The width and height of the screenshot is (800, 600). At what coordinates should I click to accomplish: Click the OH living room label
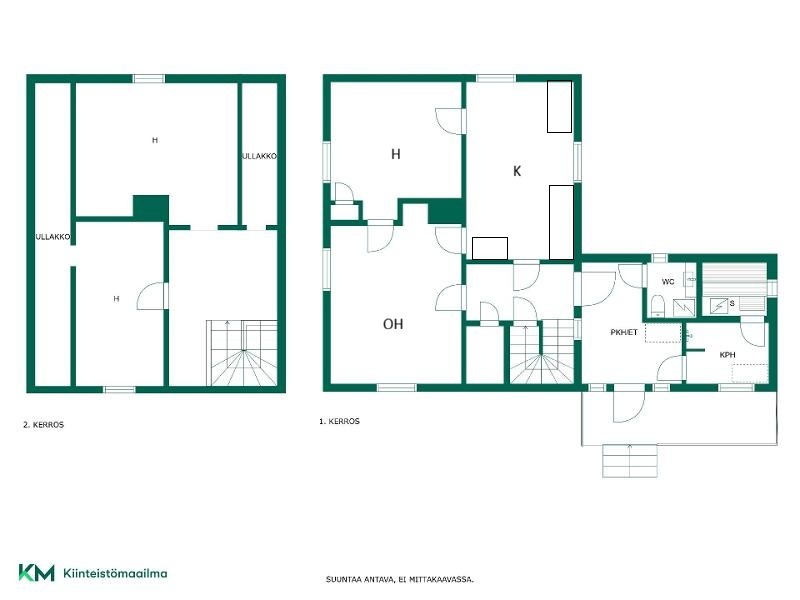(393, 324)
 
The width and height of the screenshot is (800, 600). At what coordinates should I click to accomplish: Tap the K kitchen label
(517, 171)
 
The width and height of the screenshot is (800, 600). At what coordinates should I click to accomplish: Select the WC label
(667, 282)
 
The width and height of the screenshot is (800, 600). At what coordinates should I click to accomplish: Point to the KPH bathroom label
(727, 355)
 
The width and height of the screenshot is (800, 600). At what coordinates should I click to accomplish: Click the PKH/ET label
(624, 332)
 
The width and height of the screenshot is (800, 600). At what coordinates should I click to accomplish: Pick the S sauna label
(732, 304)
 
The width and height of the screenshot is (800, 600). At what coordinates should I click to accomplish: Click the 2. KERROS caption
(43, 424)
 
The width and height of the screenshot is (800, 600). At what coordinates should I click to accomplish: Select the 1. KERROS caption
(339, 421)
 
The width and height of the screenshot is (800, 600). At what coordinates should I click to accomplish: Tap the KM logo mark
(36, 572)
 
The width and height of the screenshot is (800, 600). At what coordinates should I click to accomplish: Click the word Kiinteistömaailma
(115, 573)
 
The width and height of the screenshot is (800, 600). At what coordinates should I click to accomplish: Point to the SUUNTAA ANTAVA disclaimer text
(400, 580)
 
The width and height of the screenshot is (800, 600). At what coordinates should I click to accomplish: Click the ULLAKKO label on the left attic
(53, 237)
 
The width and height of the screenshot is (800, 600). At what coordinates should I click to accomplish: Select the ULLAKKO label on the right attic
(259, 156)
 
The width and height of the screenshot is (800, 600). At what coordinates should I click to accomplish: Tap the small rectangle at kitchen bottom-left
(490, 248)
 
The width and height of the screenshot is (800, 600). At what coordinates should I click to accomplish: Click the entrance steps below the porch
(630, 461)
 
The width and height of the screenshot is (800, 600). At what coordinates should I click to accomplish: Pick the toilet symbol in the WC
(657, 305)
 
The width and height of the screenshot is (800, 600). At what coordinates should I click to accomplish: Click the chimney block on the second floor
(151, 208)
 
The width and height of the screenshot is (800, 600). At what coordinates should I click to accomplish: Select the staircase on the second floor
(242, 353)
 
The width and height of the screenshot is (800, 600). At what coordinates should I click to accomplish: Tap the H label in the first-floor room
(395, 154)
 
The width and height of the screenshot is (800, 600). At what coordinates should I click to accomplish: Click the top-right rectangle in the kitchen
(559, 107)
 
